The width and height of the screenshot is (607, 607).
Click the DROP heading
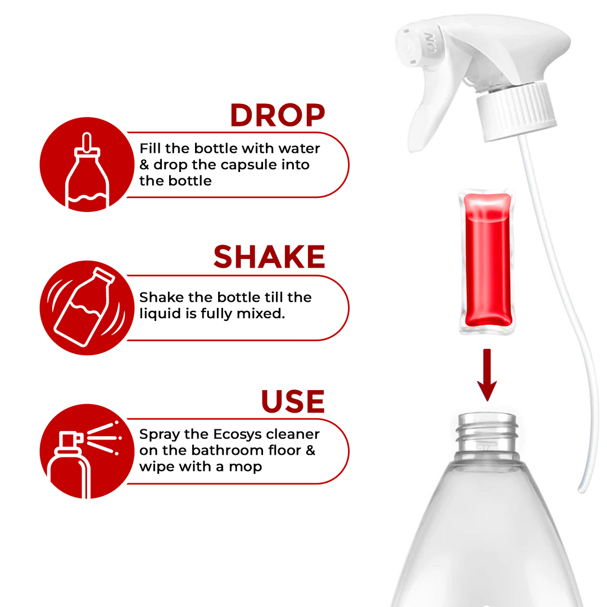(277, 115)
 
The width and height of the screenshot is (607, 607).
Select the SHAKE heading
(269, 257)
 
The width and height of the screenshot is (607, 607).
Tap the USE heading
(292, 401)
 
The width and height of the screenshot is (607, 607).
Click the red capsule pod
(487, 262)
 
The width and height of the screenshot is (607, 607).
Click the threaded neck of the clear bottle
(487, 433)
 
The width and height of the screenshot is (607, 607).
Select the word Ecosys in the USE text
(237, 434)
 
